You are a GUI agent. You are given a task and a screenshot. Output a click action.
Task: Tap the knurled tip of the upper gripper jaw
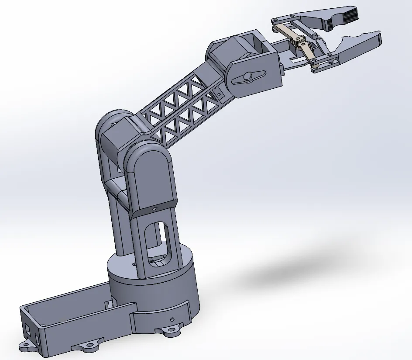[349, 16]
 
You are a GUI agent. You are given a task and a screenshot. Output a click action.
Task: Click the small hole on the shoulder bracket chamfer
[154, 209]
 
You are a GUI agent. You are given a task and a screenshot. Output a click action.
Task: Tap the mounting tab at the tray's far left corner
[27, 346]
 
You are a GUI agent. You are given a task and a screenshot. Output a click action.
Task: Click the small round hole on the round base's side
[173, 318]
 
